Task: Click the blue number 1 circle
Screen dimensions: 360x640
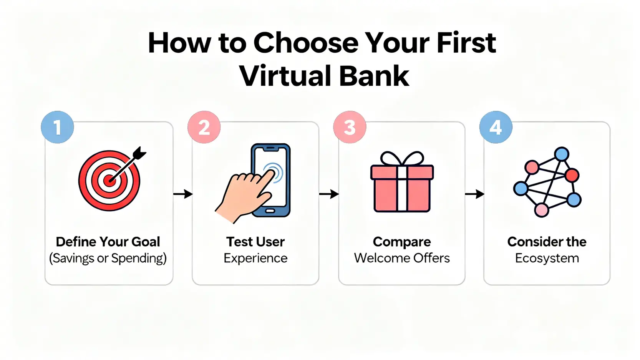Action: (57, 127)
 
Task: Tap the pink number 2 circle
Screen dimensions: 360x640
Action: (204, 127)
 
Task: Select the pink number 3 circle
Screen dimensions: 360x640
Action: (350, 127)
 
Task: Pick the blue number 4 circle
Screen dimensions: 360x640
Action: (496, 127)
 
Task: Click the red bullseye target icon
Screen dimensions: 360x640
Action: (109, 181)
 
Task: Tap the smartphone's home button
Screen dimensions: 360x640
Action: (270, 211)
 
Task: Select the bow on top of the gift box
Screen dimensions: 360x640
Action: (402, 158)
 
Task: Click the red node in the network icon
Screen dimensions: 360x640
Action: (572, 175)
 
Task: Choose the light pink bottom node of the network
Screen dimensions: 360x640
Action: (541, 210)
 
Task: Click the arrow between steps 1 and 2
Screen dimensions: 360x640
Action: (183, 194)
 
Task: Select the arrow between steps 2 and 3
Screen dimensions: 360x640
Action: (329, 194)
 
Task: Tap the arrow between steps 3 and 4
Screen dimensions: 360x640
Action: (475, 194)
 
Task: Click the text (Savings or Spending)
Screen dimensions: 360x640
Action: (108, 258)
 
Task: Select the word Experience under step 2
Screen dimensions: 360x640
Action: (255, 258)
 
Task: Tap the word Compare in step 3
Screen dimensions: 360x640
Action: (402, 242)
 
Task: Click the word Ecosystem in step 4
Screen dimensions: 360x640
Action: (547, 258)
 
